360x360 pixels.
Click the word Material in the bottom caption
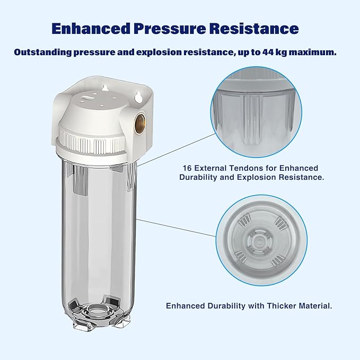[315, 306]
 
